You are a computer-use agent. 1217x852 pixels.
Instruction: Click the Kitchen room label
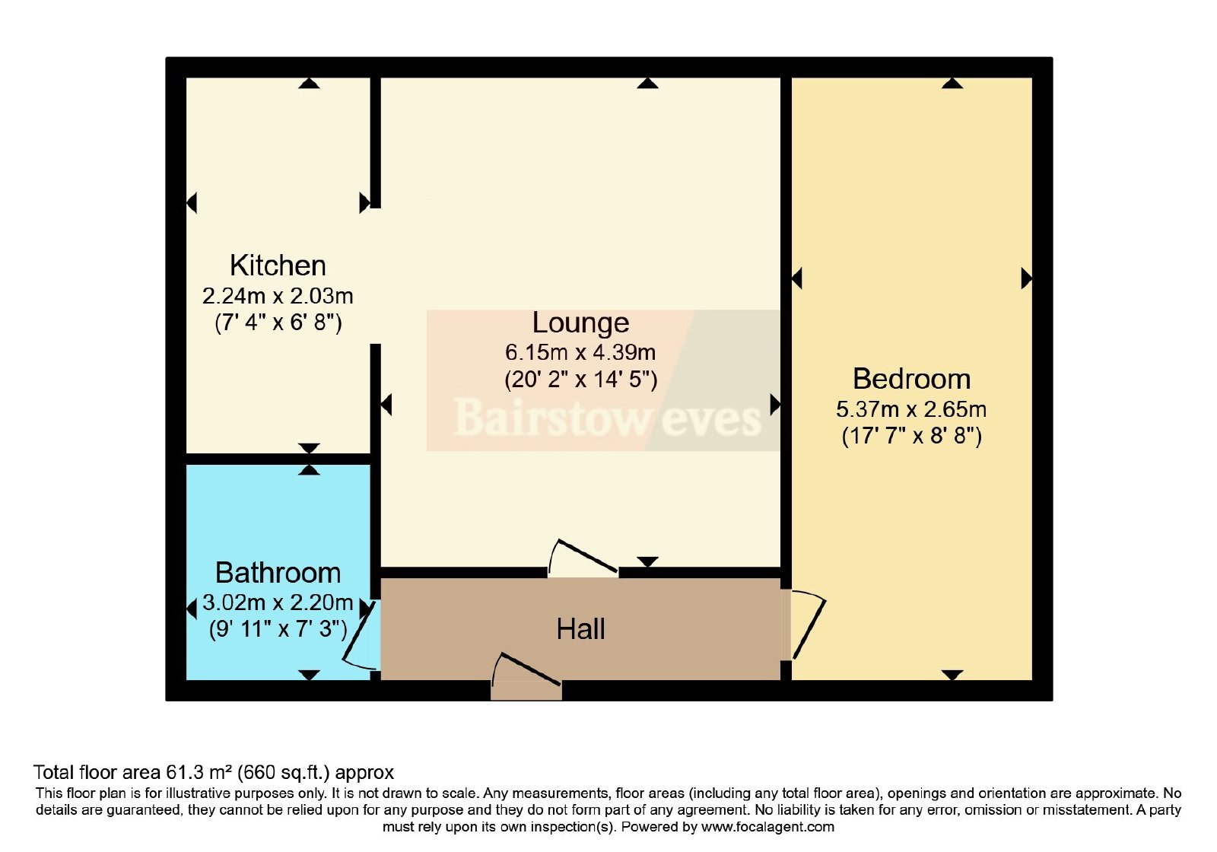[278, 265]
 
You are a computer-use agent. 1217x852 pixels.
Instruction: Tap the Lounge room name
[580, 323]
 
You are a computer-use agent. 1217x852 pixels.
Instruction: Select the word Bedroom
[911, 379]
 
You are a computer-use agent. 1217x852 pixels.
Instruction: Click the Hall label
[580, 629]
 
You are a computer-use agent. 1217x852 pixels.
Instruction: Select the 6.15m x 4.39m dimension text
[580, 353]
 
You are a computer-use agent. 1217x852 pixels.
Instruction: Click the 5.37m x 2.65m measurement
[911, 409]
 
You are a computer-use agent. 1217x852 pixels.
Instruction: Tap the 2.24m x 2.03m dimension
[278, 296]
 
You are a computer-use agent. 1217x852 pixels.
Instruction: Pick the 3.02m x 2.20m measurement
[278, 602]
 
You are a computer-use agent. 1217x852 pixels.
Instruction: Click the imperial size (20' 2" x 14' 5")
[580, 380]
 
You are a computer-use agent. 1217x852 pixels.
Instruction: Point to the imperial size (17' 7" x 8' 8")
[911, 436]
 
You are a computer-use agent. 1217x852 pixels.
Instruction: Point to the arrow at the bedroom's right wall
[1026, 278]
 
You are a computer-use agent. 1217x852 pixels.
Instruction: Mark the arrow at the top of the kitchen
[309, 83]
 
